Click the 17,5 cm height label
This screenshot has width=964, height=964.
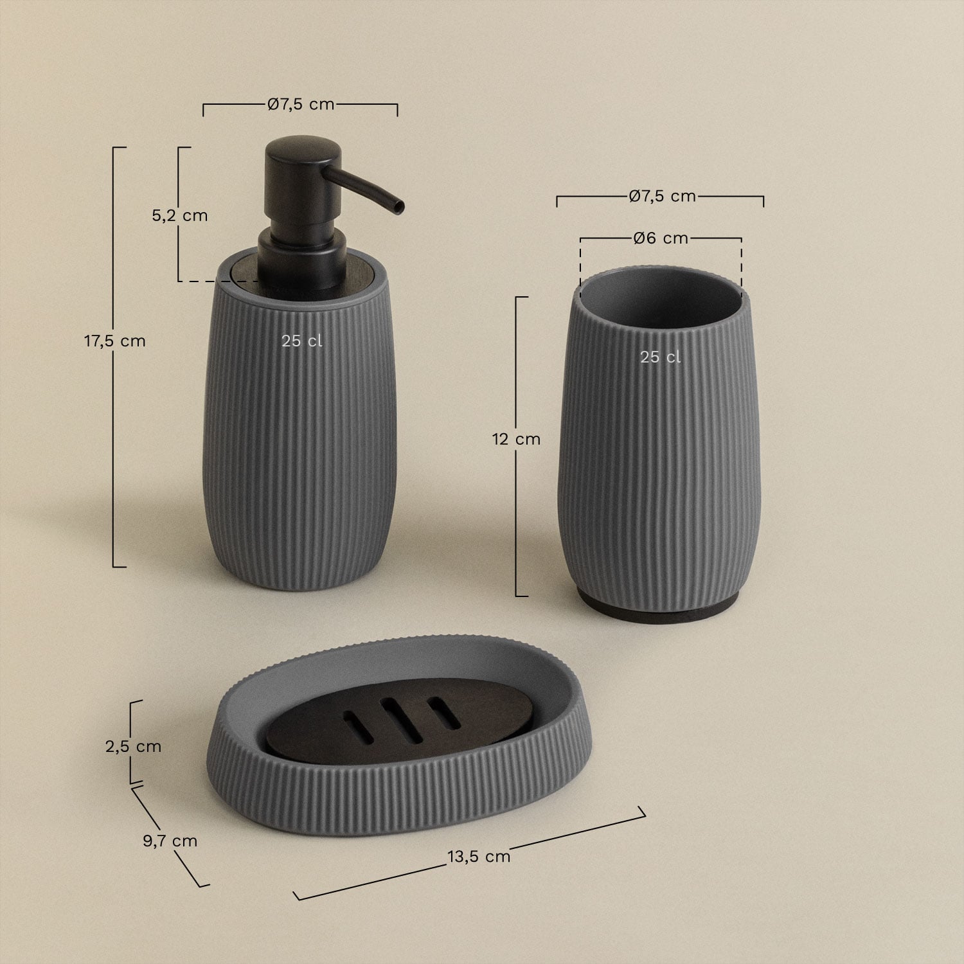pos(115,341)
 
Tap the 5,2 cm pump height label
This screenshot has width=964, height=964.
pos(180,215)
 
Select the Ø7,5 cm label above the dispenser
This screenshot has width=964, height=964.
pos(301,104)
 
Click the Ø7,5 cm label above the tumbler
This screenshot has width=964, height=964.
pos(662,196)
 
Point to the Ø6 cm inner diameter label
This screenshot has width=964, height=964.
pos(661,238)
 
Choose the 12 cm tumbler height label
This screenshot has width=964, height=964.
pos(516,440)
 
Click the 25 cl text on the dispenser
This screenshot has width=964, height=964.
pos(301,341)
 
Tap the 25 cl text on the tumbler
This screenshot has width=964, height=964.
pos(660,357)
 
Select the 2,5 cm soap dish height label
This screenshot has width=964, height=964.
pos(133,746)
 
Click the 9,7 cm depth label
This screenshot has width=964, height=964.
pos(170,841)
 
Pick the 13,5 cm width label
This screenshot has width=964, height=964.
pos(479,856)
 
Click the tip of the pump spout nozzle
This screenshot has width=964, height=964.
pos(400,206)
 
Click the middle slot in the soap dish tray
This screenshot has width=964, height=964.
pos(397,714)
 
